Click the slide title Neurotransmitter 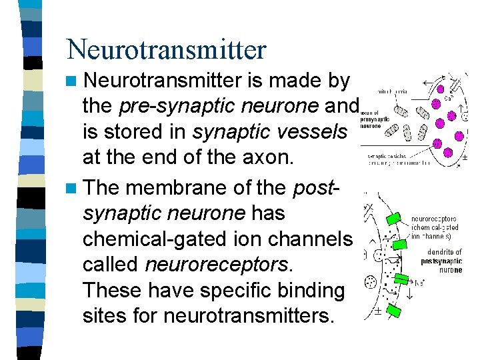click(x=166, y=49)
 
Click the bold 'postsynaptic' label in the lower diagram click(x=441, y=261)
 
